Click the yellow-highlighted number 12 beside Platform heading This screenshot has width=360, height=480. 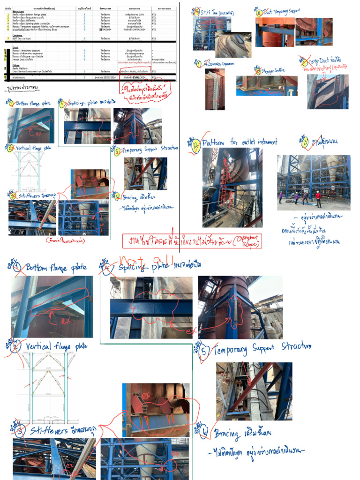(x=196, y=143)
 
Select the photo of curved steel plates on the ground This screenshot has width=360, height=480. (x=233, y=45)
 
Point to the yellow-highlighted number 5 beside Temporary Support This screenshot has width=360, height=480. (x=117, y=150)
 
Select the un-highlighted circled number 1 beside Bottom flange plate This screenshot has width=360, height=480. (x=17, y=268)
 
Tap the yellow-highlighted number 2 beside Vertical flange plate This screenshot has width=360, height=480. (x=10, y=148)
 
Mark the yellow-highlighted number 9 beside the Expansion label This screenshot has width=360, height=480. (x=200, y=63)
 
